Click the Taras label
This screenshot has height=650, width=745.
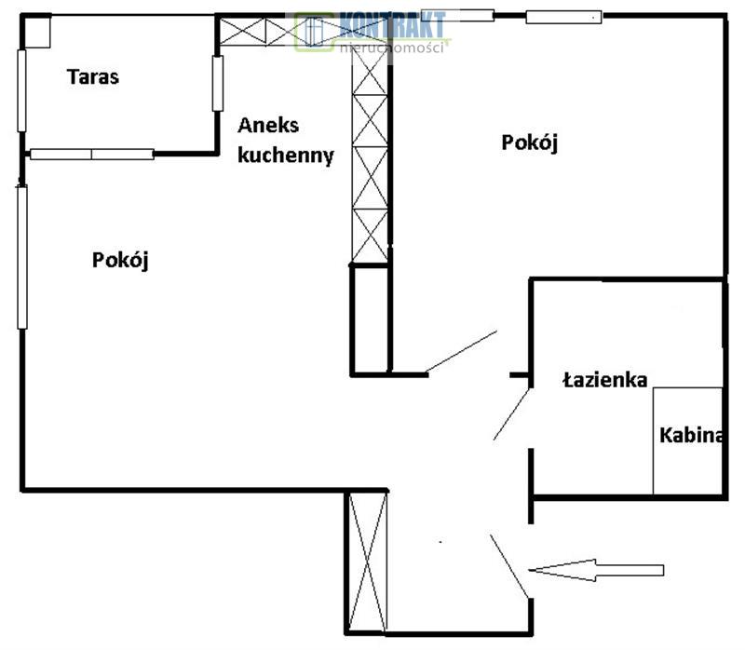(x=93, y=77)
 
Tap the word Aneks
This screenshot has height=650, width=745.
(x=268, y=126)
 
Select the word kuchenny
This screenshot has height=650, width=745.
(x=285, y=156)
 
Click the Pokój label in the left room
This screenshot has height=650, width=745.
(x=121, y=260)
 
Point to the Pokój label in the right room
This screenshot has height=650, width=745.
(x=529, y=142)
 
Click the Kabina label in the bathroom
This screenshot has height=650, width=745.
(x=691, y=435)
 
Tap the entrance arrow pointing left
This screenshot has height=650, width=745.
(x=596, y=570)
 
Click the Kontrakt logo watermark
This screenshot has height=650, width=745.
(x=372, y=32)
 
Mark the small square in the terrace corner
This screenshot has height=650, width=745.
(x=38, y=33)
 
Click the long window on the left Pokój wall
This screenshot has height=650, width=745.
(x=22, y=256)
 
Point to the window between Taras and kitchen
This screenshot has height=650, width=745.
(x=217, y=83)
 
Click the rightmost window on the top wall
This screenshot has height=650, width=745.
(x=563, y=16)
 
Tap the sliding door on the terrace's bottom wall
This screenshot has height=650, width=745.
(x=92, y=154)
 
